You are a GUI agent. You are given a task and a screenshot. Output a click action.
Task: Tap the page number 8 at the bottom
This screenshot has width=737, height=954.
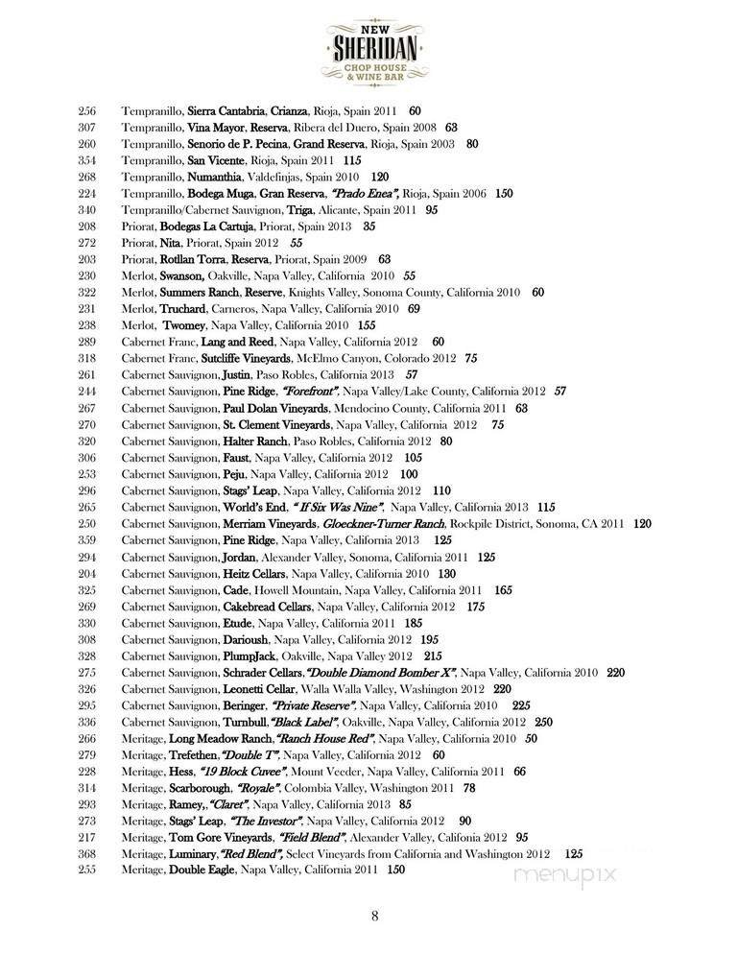pyautogui.click(x=375, y=915)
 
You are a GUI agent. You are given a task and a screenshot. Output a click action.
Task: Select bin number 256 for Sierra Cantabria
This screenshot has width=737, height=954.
pyautogui.click(x=86, y=111)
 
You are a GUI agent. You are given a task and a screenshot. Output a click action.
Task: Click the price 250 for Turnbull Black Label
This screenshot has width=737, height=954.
pyautogui.click(x=544, y=722)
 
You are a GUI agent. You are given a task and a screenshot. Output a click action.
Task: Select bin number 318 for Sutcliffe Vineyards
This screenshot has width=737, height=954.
pyautogui.click(x=86, y=357)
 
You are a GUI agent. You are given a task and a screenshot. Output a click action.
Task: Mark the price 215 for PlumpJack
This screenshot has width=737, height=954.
pyautogui.click(x=407, y=656)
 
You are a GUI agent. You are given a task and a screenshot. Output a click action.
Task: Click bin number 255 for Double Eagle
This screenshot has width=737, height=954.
pyautogui.click(x=86, y=870)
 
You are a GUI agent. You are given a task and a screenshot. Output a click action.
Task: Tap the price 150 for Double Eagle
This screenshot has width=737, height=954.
pyautogui.click(x=395, y=870)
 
